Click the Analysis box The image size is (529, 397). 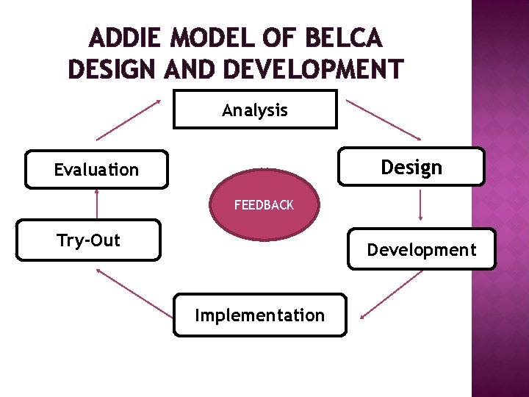coord(255,110)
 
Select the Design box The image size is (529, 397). coord(411,167)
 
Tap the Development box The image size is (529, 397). coord(422,249)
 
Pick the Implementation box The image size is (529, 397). coord(259,315)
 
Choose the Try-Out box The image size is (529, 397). coord(88,240)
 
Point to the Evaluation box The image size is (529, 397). coord(96,170)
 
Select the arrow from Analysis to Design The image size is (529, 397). coord(384,119)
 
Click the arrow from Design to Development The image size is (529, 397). coord(420,204)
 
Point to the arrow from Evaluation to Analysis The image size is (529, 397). coord(129,119)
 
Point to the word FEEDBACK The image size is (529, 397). coord(264,205)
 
